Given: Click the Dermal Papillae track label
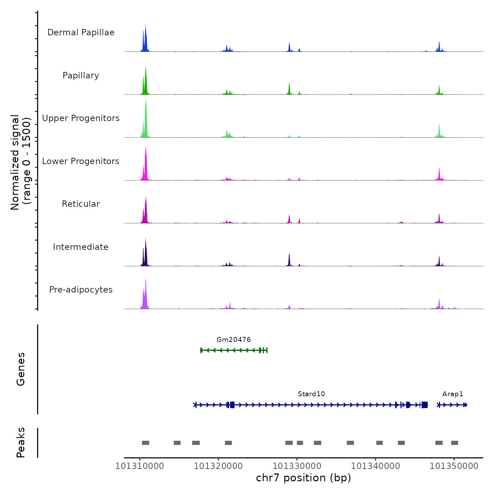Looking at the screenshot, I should click(81, 32).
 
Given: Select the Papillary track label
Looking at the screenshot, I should click(81, 76).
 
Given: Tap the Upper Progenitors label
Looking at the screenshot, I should click(81, 118).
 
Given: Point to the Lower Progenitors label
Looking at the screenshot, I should click(81, 161).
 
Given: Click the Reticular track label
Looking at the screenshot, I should click(81, 204).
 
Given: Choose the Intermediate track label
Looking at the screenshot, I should click(81, 247).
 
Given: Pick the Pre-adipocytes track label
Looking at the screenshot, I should click(81, 290).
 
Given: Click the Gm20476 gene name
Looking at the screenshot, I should click(234, 340).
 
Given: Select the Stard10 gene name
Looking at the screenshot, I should click(311, 394).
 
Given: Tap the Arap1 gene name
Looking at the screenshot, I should click(453, 394).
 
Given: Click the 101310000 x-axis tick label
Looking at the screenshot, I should click(140, 466).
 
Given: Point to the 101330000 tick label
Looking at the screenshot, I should click(297, 466).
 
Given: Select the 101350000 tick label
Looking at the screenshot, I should click(454, 466).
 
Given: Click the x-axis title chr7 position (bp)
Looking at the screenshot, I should click(303, 478).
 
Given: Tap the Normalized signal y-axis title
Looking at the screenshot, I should click(20, 162).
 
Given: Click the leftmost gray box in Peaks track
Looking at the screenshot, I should click(146, 443).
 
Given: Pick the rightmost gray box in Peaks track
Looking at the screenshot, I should click(454, 443).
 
